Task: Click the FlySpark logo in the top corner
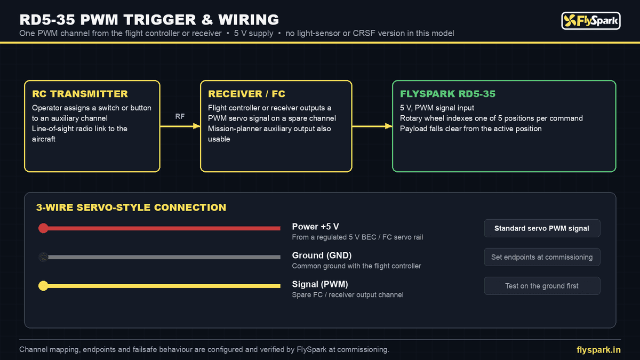pos(590,21)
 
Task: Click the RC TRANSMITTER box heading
pos(80,94)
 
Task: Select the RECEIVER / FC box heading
pos(246,94)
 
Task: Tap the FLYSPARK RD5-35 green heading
pos(447,94)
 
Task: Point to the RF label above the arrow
pos(180,116)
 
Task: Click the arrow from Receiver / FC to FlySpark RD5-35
pos(372,126)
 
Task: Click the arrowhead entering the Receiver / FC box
pos(197,126)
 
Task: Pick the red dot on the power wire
pos(43,228)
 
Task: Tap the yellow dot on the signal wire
pos(43,286)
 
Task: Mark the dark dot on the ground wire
pos(43,257)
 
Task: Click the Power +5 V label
pos(315,227)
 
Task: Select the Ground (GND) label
pos(322,255)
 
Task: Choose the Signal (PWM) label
pos(320,284)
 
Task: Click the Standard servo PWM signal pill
pos(542,228)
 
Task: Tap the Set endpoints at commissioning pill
pos(542,257)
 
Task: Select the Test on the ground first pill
pos(542,286)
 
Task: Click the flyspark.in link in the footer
pos(598,350)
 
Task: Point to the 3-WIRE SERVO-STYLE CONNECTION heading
pos(131,207)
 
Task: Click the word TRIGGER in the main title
pos(160,20)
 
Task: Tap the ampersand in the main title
pos(207,20)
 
